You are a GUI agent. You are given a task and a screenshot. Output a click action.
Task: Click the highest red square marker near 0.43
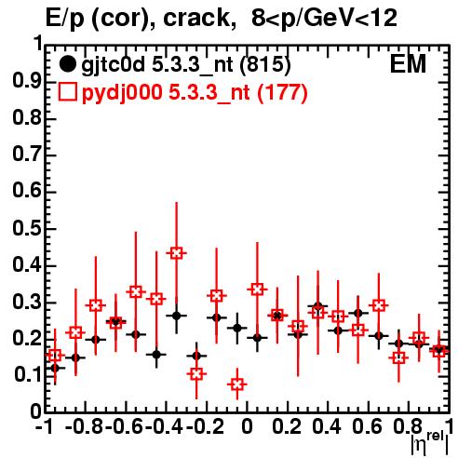[176, 253]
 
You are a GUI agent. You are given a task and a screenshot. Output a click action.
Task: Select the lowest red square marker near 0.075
[237, 384]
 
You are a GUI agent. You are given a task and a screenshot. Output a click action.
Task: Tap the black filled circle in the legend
[67, 64]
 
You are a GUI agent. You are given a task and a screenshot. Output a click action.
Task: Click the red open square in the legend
[67, 92]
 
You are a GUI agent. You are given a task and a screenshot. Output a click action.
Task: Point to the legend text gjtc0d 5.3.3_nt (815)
[186, 65]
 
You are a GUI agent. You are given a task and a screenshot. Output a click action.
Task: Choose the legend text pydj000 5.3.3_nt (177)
[195, 93]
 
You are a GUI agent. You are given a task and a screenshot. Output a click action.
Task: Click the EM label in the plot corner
[408, 64]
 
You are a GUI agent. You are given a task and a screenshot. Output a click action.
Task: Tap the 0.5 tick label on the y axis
[27, 229]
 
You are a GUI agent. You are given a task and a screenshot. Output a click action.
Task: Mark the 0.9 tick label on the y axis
[27, 81]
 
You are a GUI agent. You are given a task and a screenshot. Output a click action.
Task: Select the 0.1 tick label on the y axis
[27, 374]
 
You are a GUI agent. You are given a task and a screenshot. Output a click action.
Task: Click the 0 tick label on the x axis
[247, 426]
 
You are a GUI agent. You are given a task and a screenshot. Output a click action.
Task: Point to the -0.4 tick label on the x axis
[164, 426]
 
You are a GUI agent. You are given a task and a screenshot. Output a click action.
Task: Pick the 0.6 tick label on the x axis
[367, 426]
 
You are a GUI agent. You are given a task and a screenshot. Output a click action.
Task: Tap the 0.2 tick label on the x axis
[287, 426]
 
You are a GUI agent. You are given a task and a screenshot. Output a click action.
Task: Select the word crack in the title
[196, 18]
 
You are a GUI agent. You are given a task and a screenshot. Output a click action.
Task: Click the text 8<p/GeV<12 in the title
[324, 19]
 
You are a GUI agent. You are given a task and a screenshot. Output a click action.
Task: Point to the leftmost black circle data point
[55, 369]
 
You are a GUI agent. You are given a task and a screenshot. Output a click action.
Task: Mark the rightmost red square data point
[439, 352]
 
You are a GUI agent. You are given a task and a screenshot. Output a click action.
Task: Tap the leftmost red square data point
[55, 356]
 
